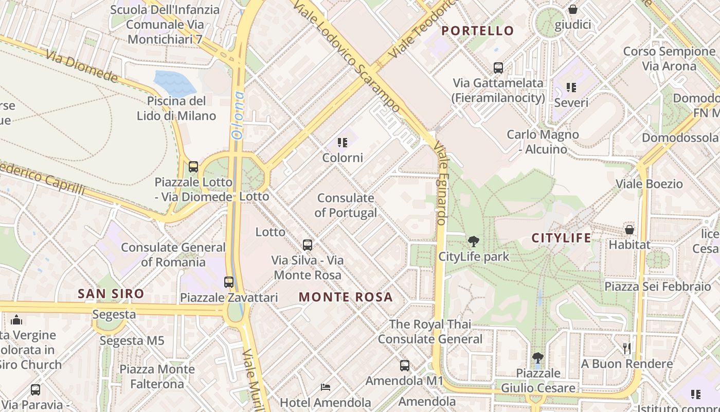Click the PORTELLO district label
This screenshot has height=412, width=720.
click(477, 31)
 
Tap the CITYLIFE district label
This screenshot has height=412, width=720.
click(561, 238)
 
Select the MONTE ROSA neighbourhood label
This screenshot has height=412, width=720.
click(346, 297)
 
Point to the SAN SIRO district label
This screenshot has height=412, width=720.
click(111, 294)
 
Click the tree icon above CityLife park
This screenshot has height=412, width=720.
click(473, 241)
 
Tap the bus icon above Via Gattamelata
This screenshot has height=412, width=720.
click(498, 67)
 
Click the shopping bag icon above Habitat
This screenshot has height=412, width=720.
click(629, 230)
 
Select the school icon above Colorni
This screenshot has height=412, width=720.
click(343, 143)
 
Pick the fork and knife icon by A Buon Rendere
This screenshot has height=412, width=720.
click(626, 349)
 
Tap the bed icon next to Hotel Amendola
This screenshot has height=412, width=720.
click(325, 387)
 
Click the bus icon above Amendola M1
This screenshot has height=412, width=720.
click(405, 366)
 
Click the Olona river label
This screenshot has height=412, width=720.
click(238, 116)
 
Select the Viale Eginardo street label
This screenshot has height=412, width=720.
click(441, 183)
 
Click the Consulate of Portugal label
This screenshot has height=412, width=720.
click(346, 205)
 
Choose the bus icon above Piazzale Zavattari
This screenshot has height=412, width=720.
click(229, 282)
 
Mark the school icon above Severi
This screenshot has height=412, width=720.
click(571, 88)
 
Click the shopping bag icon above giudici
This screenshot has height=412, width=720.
click(572, 9)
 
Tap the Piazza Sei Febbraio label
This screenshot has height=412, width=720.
click(657, 287)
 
